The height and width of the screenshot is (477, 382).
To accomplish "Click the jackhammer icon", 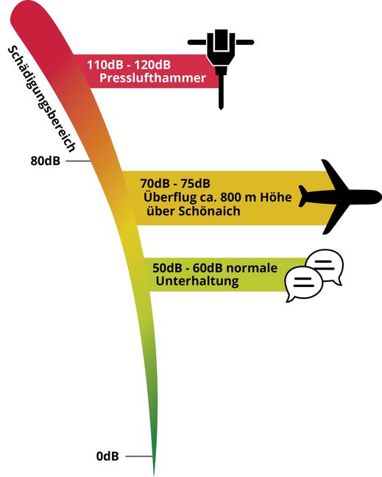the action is click(x=221, y=58).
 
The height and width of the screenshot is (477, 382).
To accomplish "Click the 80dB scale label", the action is click(x=46, y=161).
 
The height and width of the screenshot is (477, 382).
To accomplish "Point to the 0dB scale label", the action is click(x=107, y=456).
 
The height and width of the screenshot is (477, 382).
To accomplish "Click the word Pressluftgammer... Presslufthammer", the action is click(x=152, y=78).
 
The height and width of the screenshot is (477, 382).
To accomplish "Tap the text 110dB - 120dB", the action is click(x=129, y=65).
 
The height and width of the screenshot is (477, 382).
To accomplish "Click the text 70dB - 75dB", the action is click(x=175, y=183).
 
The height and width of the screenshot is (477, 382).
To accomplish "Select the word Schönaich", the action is click(x=209, y=211).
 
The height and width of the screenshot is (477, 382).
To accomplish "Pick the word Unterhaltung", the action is click(x=197, y=280).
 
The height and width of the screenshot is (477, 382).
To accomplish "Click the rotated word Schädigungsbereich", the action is click(x=42, y=99).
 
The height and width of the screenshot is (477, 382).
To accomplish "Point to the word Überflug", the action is click(x=166, y=197).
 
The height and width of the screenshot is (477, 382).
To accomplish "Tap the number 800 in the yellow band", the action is click(x=230, y=197).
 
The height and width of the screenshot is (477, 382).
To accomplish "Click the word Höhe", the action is click(x=275, y=197).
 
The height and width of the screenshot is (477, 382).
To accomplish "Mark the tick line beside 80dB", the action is click(x=78, y=161).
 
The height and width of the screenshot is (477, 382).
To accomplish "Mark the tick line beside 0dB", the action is click(x=139, y=456).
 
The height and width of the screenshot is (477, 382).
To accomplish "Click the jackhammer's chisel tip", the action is click(x=221, y=109).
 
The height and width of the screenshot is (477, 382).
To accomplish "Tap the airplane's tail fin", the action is click(x=303, y=196).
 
